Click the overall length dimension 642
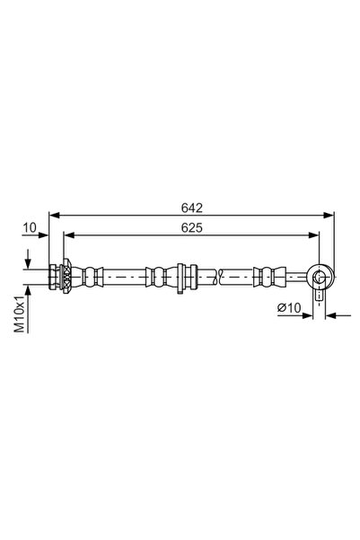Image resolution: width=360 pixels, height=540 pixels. (x=189, y=206)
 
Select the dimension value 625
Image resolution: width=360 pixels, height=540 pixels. (x=189, y=227)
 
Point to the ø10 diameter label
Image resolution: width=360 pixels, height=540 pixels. (x=289, y=308)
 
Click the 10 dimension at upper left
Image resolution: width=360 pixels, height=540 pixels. (x=30, y=228)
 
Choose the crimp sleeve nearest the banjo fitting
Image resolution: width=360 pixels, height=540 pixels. (x=268, y=275)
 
